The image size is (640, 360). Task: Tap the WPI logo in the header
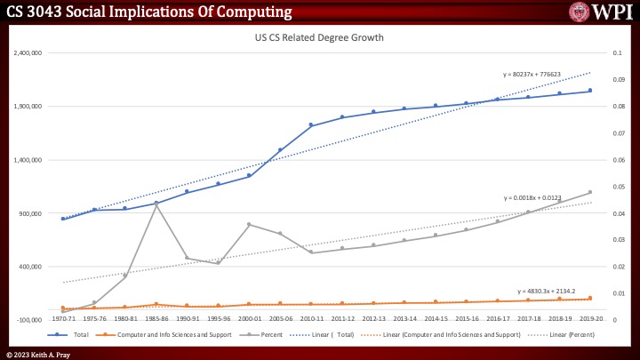tap(602, 12)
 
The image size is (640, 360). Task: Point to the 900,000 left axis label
tap(31, 213)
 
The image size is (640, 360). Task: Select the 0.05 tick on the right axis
tap(610, 187)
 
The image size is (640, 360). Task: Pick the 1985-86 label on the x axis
tap(156, 316)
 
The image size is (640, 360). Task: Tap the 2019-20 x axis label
tap(590, 316)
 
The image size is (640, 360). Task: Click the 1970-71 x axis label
tap(63, 316)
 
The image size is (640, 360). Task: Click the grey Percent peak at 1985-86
tap(156, 204)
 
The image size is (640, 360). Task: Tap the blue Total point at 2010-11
tap(311, 125)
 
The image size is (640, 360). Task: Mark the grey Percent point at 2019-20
tap(590, 192)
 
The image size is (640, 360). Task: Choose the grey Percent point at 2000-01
tap(249, 224)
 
